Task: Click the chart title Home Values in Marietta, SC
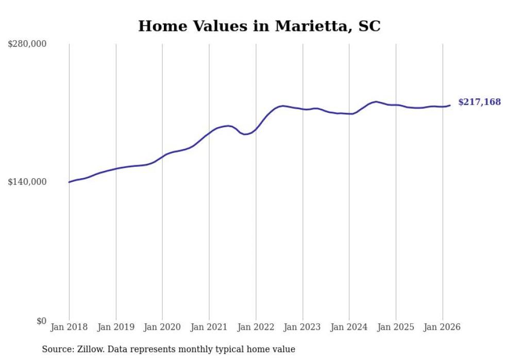pyautogui.click(x=259, y=26)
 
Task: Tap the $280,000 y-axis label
pyautogui.click(x=27, y=44)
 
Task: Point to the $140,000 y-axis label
pyautogui.click(x=27, y=182)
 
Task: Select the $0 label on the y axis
pyautogui.click(x=41, y=321)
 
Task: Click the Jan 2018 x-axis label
pyautogui.click(x=69, y=327)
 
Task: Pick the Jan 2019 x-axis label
pyautogui.click(x=116, y=327)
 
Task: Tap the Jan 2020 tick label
pyautogui.click(x=162, y=327)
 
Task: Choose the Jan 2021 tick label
pyautogui.click(x=209, y=327)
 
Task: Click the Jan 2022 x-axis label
pyautogui.click(x=256, y=327)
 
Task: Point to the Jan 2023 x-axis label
pyautogui.click(x=302, y=327)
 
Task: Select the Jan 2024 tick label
pyautogui.click(x=349, y=327)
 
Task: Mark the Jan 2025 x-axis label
pyautogui.click(x=396, y=327)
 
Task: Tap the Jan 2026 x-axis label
pyautogui.click(x=442, y=327)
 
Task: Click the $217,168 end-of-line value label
pyautogui.click(x=479, y=102)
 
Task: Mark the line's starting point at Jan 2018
pyautogui.click(x=69, y=182)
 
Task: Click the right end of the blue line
pyautogui.click(x=450, y=106)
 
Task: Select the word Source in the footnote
pyautogui.click(x=57, y=349)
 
